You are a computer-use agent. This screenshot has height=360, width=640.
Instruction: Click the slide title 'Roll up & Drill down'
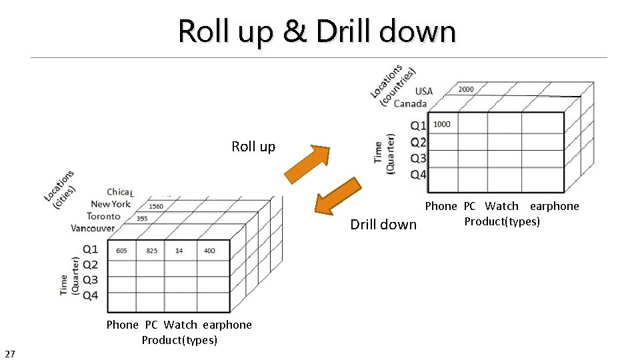[x=317, y=31]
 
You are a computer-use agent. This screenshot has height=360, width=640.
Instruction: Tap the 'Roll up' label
[x=253, y=147]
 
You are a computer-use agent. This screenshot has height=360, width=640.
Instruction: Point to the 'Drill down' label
[x=383, y=225]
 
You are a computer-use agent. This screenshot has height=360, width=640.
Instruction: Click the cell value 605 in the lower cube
[x=121, y=251]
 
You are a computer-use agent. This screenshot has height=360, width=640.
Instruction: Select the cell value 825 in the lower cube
[x=151, y=251]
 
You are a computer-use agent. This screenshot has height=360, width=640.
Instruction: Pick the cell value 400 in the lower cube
[x=209, y=251]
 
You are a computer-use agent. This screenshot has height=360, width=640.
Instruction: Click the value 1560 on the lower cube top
[x=155, y=206]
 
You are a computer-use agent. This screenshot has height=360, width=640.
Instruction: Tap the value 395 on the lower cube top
[x=142, y=218]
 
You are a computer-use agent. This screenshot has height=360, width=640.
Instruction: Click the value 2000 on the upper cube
[x=466, y=89]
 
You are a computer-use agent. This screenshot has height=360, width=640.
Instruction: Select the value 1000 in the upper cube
[x=441, y=124]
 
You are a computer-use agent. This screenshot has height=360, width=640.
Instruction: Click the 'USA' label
[x=424, y=91]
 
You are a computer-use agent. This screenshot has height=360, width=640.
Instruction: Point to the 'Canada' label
[x=410, y=103]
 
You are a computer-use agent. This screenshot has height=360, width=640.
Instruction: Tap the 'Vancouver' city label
[x=93, y=228]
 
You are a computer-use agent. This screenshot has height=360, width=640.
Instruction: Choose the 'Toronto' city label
[x=103, y=216]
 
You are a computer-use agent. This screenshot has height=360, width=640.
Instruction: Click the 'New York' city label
[x=111, y=204]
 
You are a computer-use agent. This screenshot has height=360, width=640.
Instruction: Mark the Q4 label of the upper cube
[x=419, y=175]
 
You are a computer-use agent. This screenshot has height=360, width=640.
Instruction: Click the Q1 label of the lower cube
[x=91, y=249]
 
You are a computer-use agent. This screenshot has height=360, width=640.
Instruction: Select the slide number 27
[x=10, y=353]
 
